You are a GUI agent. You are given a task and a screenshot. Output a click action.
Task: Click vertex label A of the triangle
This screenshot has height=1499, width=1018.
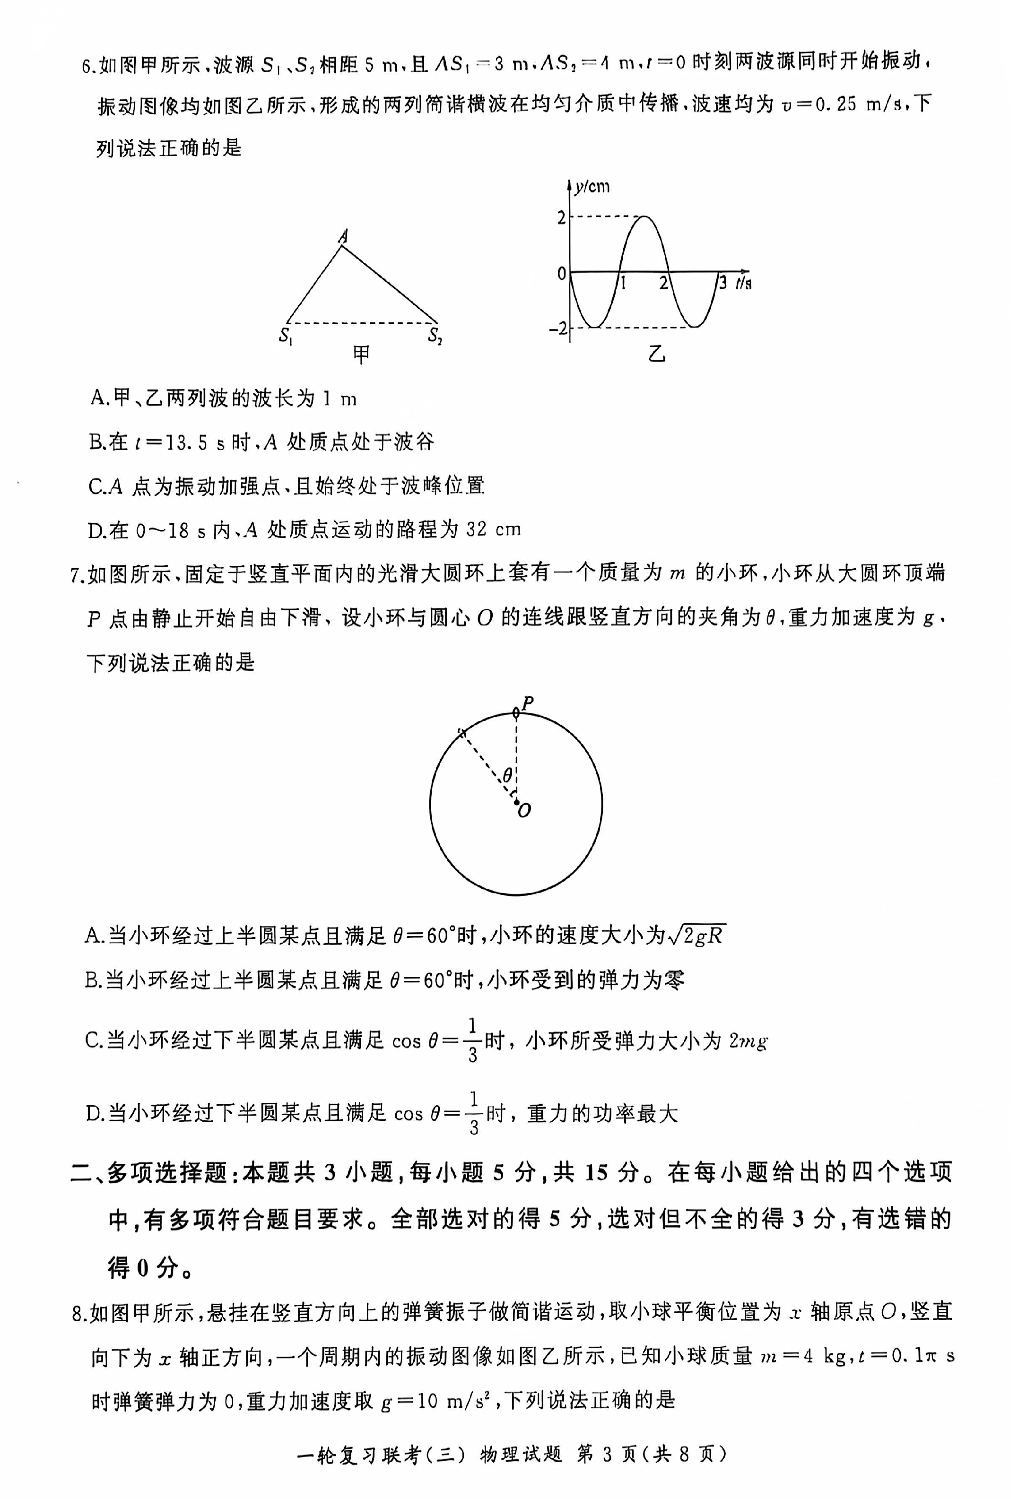[344, 236]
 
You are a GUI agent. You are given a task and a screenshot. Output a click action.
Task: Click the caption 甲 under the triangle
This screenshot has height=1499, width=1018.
[361, 354]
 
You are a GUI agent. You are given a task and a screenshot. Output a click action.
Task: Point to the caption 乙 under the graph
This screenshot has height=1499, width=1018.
[657, 354]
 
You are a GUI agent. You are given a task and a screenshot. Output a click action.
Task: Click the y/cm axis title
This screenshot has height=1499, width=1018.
[591, 187]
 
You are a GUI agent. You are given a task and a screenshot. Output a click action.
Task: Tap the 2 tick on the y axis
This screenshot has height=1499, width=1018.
[561, 217]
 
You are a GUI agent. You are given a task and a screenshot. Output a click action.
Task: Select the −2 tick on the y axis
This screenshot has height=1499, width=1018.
[557, 329]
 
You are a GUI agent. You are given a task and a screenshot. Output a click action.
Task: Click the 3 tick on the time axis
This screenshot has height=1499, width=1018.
[722, 283]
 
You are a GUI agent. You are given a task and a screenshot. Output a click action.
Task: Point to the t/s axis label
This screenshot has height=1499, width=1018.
[743, 283]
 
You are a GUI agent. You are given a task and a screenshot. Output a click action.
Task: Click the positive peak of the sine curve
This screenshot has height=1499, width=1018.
[643, 217]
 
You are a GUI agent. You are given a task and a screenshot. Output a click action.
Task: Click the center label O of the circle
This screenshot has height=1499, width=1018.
[524, 811]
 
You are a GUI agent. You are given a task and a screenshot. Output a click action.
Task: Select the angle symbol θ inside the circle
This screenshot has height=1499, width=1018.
[508, 775]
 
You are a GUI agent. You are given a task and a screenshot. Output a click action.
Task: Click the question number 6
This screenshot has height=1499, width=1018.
[89, 66]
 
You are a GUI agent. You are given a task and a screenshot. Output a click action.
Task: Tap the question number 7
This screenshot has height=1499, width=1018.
[78, 573]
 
